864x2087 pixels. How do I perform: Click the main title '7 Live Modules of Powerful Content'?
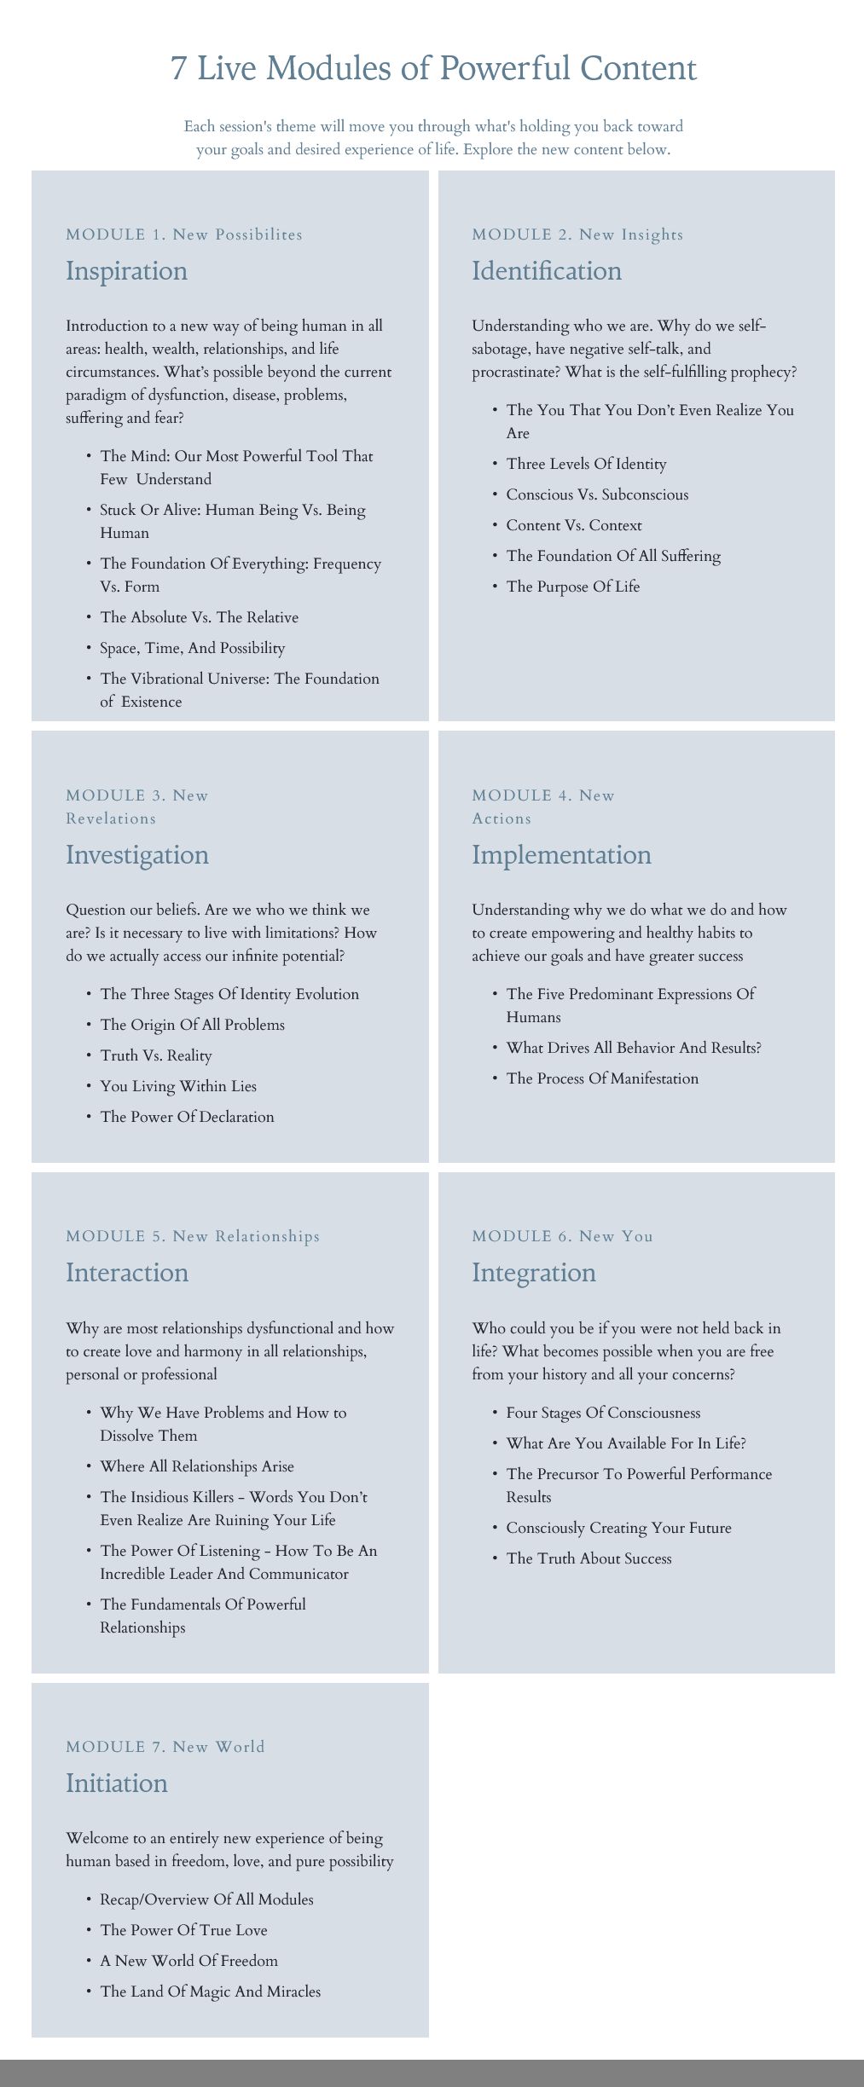[433, 68]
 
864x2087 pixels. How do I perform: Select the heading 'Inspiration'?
[126, 271]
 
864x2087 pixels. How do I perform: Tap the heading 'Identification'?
[547, 271]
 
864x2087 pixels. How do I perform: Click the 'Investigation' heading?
[137, 855]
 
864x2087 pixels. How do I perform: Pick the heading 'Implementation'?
[561, 855]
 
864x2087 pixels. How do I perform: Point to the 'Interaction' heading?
[127, 1273]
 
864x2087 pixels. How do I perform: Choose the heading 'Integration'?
[534, 1273]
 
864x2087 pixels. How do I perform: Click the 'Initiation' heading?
[117, 1783]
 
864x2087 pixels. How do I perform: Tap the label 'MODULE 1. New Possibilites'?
[184, 234]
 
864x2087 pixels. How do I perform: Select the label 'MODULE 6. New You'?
[562, 1236]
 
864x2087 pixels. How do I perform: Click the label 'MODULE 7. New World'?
[165, 1747]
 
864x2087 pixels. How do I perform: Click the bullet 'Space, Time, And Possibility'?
[193, 648]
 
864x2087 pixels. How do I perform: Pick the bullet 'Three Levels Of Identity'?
[586, 464]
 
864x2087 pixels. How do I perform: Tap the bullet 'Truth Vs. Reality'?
[156, 1055]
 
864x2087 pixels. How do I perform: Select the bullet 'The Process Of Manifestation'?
[602, 1078]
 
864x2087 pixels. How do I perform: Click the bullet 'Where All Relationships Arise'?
[197, 1466]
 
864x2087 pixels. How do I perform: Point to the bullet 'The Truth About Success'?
[589, 1558]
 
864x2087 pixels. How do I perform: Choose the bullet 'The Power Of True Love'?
[183, 1930]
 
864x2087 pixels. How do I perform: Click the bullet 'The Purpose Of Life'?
[572, 587]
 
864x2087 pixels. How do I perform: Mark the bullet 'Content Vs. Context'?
[574, 525]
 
